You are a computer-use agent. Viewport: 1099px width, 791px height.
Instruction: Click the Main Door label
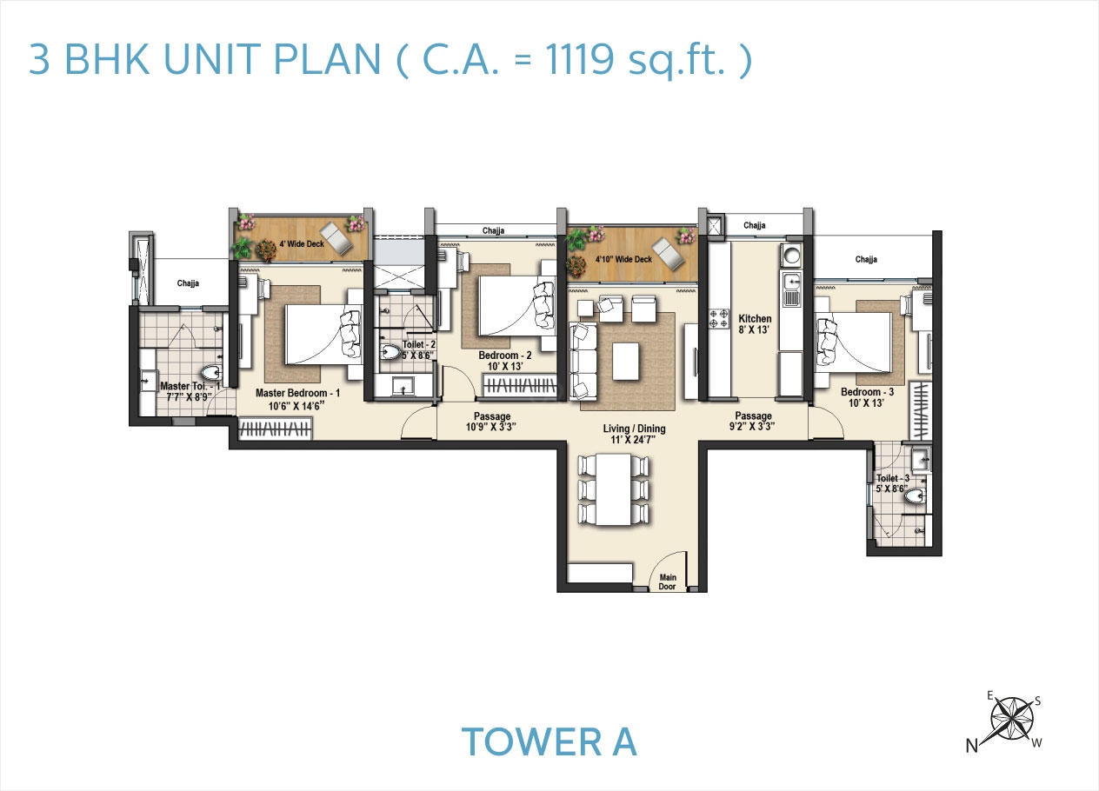point(668,581)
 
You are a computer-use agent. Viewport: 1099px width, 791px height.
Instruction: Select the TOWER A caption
point(549,741)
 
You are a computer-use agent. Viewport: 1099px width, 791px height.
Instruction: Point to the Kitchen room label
point(755,319)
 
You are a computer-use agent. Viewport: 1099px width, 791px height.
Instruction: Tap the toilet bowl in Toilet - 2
point(391,353)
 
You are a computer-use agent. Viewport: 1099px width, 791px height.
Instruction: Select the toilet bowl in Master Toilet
point(212,374)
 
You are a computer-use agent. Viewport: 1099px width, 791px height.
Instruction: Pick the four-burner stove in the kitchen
point(719,321)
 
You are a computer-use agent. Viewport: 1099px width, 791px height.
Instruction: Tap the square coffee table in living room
point(626,362)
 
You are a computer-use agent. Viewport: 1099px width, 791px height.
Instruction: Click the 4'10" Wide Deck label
point(623,259)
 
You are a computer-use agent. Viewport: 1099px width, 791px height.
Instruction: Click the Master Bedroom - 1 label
point(297,393)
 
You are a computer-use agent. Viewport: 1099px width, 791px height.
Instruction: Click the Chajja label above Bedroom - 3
point(866,259)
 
